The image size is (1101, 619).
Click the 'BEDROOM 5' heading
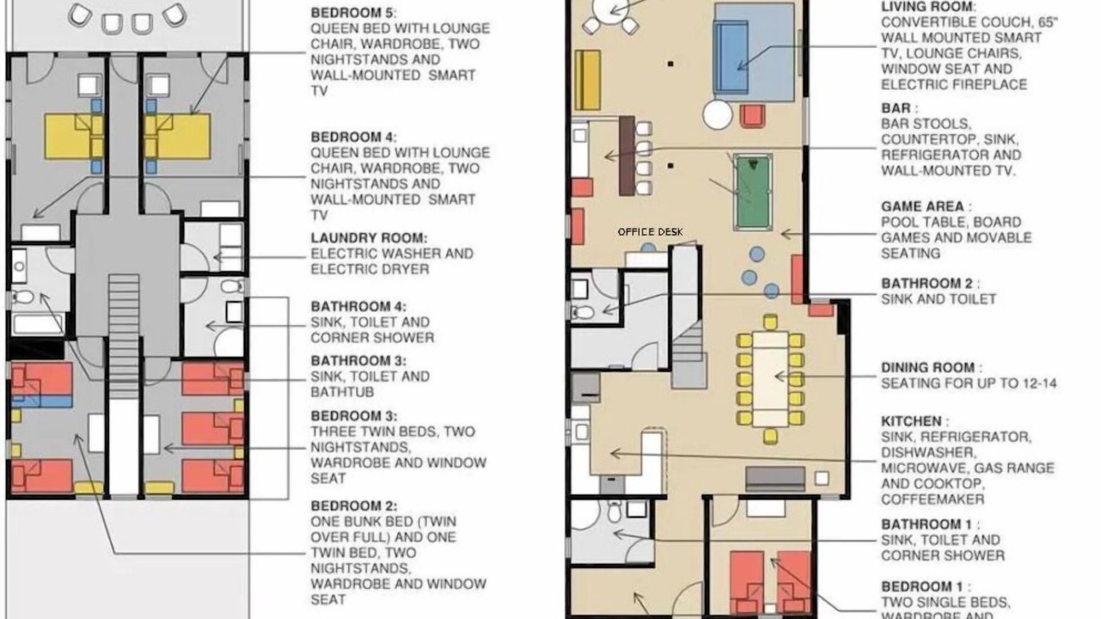[354, 13]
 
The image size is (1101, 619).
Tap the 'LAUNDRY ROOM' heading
[369, 238]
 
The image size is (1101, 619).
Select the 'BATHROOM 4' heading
[359, 307]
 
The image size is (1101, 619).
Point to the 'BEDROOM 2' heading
[354, 506]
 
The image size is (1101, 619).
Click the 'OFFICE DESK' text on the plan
[649, 232]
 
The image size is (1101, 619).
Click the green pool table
[752, 192]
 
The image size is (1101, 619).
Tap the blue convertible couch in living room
[731, 57]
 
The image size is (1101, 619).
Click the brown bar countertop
[627, 156]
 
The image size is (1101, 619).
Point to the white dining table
[770, 379]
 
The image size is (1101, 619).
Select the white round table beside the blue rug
[717, 115]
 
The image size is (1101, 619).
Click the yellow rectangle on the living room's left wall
[587, 80]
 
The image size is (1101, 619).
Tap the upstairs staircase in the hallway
[124, 336]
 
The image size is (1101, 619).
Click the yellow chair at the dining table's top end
[770, 322]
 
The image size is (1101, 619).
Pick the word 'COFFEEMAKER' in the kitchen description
[932, 499]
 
